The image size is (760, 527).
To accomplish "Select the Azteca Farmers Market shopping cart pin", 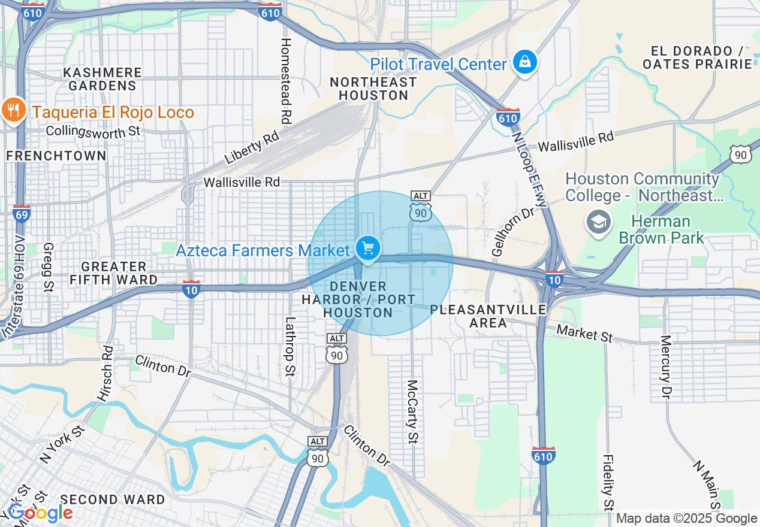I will (x=367, y=248).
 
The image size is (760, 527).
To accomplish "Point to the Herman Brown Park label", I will (x=662, y=230).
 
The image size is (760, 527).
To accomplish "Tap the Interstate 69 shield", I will (x=21, y=213).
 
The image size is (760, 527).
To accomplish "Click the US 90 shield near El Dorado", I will (x=741, y=154).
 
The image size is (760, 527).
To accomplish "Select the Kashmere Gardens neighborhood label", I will (x=102, y=79).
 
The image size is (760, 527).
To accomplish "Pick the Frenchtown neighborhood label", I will (x=56, y=156).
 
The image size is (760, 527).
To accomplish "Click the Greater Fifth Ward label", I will (x=114, y=273).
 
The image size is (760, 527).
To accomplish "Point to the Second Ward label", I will (x=113, y=499).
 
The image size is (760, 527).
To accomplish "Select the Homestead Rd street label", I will (x=286, y=81).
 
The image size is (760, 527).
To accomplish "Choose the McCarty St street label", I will (x=412, y=411).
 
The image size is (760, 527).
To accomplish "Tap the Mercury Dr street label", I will (x=666, y=367).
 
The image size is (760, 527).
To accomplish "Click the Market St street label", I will (x=584, y=333).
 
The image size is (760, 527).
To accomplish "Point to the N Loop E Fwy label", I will (x=530, y=169).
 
